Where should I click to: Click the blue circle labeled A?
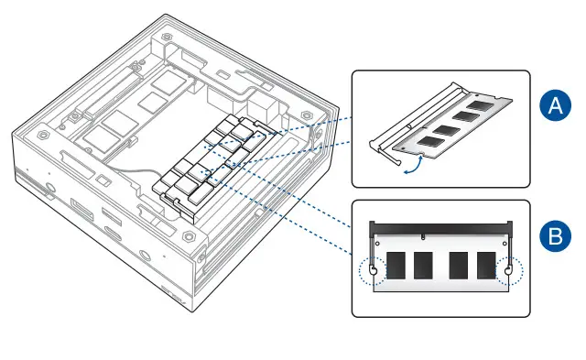tap(554, 106)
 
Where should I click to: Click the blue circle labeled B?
tap(554, 237)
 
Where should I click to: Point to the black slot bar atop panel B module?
tap(440, 226)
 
